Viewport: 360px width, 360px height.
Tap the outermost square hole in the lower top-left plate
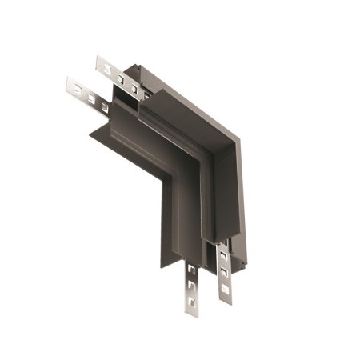point(75,86)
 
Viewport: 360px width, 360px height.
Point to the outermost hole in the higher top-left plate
point(104,66)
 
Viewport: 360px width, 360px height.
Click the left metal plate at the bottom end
point(192,288)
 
